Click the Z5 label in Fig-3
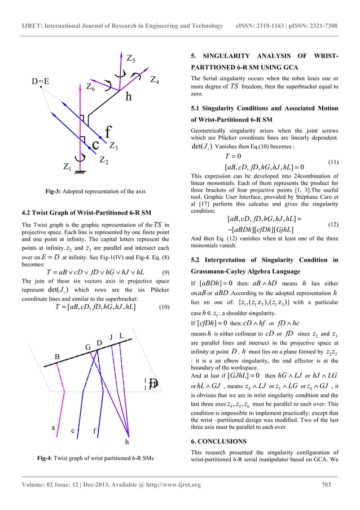point(130,58)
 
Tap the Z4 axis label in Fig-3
point(154,81)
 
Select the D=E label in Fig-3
point(40,81)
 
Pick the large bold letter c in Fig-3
point(96,144)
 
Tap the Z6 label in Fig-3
point(90,87)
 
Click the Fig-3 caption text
point(94,191)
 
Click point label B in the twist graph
point(57,357)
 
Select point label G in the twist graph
point(88,346)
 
